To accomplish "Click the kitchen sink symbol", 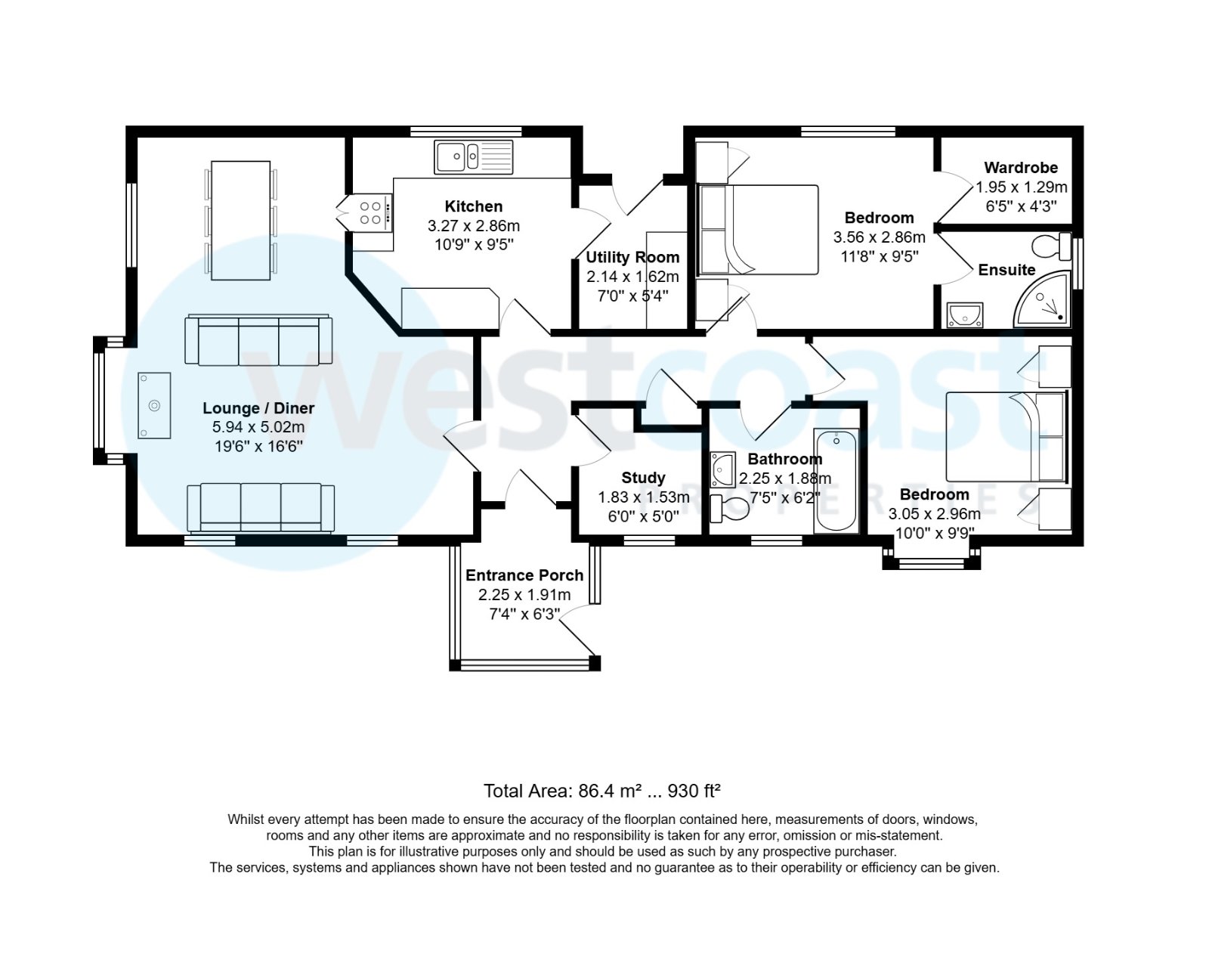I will coord(473,157).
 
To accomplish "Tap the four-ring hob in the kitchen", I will coord(371,212).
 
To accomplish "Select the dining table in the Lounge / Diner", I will coord(240,220).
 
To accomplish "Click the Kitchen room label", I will coord(473,206).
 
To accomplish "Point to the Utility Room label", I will coord(632,257).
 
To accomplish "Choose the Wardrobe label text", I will coord(1021,168).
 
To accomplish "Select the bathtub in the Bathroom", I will coord(835,482).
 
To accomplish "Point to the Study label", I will coord(643,478).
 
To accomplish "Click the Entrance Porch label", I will coord(524,575).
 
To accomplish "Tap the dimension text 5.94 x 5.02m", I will coord(258,427).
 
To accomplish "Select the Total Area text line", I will coord(601,791).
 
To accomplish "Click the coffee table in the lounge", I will coord(154,405).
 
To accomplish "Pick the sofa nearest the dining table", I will coord(258,340).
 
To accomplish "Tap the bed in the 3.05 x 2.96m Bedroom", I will coord(1005,436).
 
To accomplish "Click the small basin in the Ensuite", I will coord(965,314).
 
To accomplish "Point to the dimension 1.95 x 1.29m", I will coord(1021,187).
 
